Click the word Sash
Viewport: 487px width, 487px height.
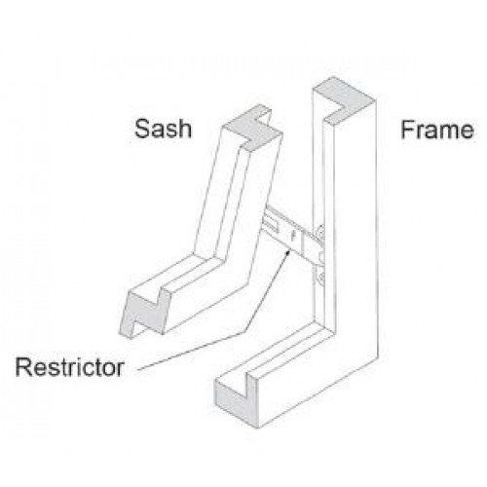[x=163, y=129]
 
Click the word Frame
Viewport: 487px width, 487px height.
[x=437, y=130]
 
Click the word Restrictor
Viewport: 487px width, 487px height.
[x=70, y=367]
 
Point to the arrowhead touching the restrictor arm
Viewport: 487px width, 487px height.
[x=287, y=253]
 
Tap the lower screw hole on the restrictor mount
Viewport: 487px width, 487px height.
[x=320, y=278]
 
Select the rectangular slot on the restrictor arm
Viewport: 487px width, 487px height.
[x=272, y=225]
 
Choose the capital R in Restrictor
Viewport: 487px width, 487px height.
[x=23, y=367]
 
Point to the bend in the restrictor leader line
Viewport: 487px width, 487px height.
[x=243, y=332]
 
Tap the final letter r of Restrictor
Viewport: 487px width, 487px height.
[x=120, y=369]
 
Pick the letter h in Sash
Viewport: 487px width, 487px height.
[x=185, y=129]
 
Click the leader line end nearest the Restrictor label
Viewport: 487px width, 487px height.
[x=138, y=369]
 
